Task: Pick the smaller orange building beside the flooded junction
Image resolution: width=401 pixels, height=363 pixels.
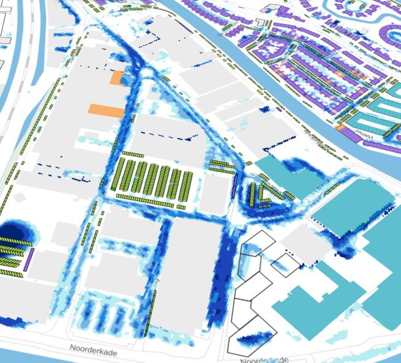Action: click(x=116, y=77)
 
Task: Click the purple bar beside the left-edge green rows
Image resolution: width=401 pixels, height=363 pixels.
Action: click(x=29, y=260)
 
